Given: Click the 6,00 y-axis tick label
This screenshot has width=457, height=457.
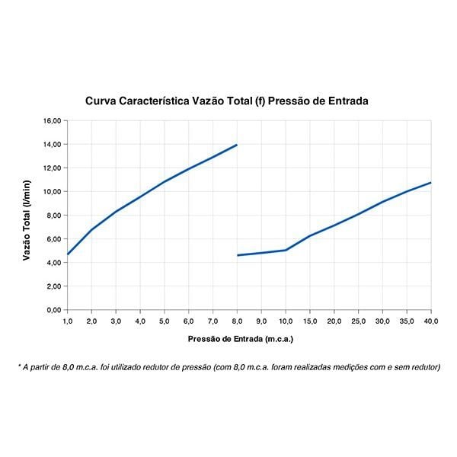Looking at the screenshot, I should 53,239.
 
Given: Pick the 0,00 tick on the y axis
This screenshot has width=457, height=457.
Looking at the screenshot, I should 53,310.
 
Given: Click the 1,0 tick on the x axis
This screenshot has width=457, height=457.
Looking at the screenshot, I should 68,321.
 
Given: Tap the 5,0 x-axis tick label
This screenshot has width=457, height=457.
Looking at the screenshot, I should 165,321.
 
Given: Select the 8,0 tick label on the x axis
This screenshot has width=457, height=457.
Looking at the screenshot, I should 238,321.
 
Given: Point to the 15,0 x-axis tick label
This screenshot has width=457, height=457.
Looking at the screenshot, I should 310,321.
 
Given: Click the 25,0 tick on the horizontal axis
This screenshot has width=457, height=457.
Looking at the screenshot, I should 359,321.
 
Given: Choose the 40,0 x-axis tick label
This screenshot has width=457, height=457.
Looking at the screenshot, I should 431,321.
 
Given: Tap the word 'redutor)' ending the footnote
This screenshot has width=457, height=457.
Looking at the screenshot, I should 424,367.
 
